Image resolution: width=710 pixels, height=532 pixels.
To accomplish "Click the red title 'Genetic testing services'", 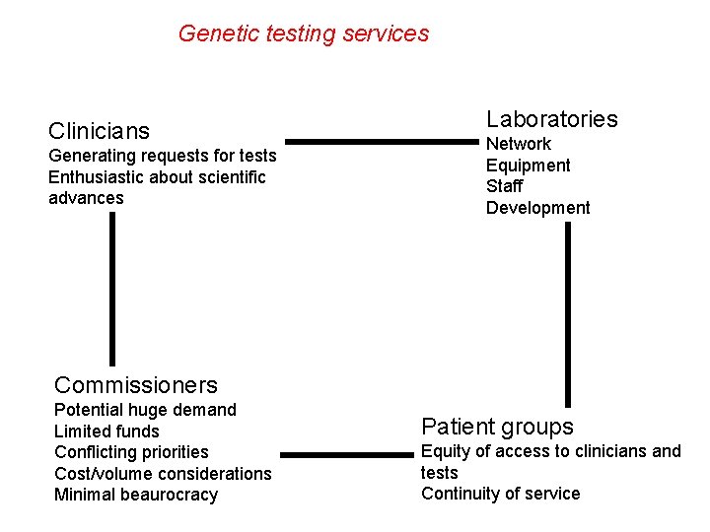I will (x=304, y=33).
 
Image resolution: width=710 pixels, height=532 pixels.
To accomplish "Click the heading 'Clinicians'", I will (x=99, y=131).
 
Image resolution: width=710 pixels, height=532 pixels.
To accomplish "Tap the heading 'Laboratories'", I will (x=551, y=119).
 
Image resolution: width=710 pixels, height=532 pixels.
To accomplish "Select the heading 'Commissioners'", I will (x=136, y=385).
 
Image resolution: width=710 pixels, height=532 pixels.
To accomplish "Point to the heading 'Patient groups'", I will (x=497, y=427).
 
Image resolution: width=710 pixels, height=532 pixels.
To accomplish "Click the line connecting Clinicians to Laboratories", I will (x=381, y=142).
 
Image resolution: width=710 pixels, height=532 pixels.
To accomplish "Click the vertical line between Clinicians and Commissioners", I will (x=112, y=290).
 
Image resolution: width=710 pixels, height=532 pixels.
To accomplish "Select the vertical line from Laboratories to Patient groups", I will (x=567, y=313).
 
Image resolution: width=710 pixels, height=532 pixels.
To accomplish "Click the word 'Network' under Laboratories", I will (x=519, y=144).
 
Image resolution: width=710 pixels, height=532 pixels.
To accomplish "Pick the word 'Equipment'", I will (x=528, y=166).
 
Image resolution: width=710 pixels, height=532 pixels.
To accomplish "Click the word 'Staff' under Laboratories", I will (x=505, y=186).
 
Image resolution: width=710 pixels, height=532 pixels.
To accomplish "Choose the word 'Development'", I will (x=537, y=208).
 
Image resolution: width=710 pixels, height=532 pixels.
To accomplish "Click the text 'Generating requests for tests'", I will (x=163, y=156).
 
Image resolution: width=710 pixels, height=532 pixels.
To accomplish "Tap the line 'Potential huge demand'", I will (x=145, y=410).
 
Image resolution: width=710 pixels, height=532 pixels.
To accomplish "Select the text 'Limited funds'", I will (x=106, y=432).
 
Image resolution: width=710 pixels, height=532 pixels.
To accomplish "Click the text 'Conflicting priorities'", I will (x=131, y=452).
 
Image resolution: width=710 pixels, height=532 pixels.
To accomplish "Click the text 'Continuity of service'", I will (x=500, y=494).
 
